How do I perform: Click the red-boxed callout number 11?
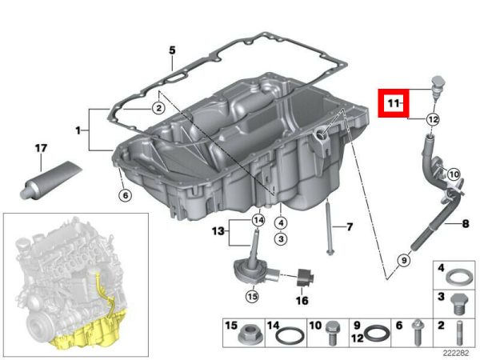[394, 103]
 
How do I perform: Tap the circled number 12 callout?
[433, 119]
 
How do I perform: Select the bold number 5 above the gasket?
[172, 50]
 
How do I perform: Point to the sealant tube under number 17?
[50, 181]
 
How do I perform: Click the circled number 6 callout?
[126, 195]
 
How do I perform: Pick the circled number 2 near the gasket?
[158, 108]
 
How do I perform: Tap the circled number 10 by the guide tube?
[454, 174]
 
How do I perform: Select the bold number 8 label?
[466, 224]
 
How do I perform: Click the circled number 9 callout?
[404, 260]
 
